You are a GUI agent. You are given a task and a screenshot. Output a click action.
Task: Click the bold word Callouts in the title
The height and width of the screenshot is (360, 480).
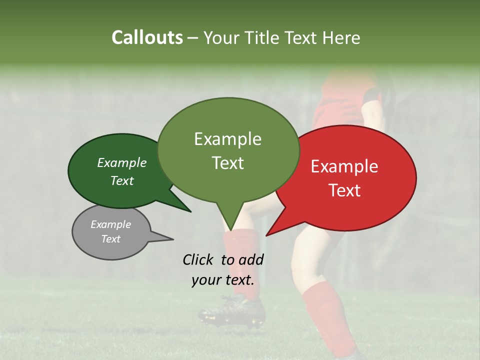147,37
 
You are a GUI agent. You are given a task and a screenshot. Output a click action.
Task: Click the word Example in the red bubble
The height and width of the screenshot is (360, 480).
344,166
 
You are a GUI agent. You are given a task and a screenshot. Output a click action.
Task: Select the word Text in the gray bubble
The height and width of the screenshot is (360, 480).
111,239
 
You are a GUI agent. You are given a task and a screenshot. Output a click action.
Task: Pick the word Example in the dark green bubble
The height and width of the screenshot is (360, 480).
122,163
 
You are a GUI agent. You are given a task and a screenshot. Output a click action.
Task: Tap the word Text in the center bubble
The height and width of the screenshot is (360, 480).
228,163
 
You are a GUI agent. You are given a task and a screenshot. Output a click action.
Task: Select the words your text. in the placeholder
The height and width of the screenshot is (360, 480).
223,280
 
